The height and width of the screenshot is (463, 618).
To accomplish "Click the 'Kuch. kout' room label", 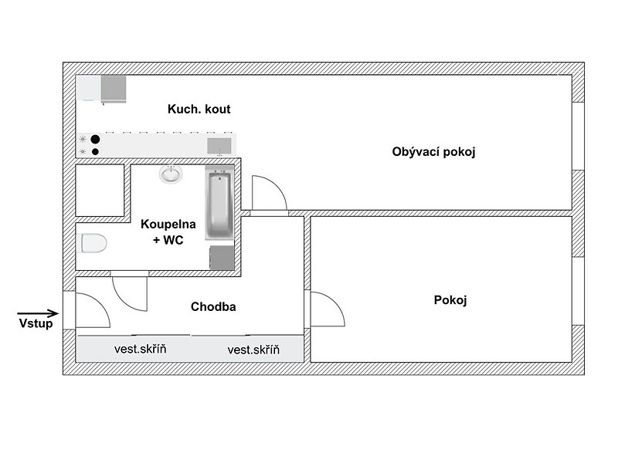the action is (x=199, y=109).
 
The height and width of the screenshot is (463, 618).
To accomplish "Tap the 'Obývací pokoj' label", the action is (x=433, y=152).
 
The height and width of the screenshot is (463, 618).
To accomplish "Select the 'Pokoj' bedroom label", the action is (x=450, y=300).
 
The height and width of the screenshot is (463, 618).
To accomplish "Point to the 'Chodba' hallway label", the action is (x=213, y=306).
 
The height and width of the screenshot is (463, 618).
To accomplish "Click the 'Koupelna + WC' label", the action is (x=168, y=232).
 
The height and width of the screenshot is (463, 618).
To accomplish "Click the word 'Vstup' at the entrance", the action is (x=36, y=323).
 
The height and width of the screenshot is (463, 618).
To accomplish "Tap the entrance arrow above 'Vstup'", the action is (x=38, y=313).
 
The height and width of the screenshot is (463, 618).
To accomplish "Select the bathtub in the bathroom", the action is (x=219, y=203).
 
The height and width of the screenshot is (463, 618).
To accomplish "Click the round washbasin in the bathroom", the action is (x=171, y=174).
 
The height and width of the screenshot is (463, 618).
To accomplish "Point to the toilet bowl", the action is (x=93, y=243).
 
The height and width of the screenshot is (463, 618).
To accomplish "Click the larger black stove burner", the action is (x=95, y=140).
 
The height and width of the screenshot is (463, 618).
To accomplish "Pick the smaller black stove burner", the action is (x=95, y=151).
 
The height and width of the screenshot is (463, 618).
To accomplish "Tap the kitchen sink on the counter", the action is (x=219, y=146).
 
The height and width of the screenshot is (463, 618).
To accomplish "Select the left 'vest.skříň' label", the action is (x=141, y=349).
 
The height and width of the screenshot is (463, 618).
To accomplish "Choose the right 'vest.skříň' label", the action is (x=253, y=350).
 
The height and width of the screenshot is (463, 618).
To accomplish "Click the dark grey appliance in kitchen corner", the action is (x=114, y=89).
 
